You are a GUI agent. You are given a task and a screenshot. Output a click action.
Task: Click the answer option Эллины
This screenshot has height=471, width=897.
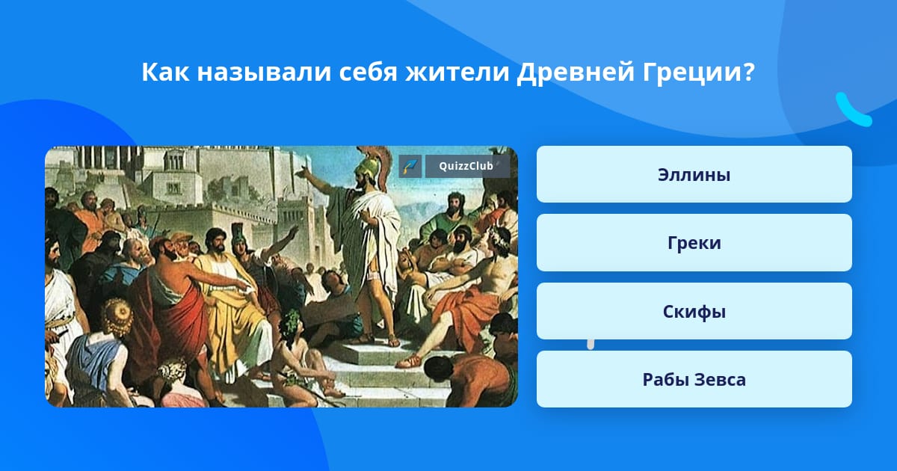[694, 174]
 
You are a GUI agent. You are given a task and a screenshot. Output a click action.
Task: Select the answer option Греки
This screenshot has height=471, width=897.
[694, 243]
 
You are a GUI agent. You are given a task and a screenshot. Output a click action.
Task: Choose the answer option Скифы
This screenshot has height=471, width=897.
[694, 311]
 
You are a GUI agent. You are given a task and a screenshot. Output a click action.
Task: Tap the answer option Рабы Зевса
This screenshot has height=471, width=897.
[694, 379]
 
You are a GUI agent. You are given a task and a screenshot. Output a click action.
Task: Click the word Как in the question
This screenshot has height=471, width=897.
[165, 72]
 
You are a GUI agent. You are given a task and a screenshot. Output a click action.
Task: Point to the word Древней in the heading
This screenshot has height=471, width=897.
[576, 73]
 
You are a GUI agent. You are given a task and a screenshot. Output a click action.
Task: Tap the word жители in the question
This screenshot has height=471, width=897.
[457, 73]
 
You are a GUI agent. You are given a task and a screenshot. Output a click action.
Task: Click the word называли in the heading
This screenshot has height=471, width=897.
[264, 73]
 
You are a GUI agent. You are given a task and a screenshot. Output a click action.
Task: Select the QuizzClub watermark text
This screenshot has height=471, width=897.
[466, 166]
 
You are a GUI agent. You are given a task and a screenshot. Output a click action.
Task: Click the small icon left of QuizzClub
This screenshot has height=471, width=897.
[410, 166]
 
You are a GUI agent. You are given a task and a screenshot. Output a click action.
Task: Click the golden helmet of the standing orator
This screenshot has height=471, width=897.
[366, 165]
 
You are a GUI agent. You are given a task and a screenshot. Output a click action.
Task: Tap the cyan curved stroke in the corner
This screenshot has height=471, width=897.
[852, 111]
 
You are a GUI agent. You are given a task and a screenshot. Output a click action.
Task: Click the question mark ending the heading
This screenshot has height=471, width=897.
[747, 72]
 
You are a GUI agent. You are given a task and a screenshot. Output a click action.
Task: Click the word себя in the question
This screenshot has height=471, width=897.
[368, 73]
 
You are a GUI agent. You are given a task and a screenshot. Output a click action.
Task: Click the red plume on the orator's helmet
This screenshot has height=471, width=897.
[383, 165]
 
